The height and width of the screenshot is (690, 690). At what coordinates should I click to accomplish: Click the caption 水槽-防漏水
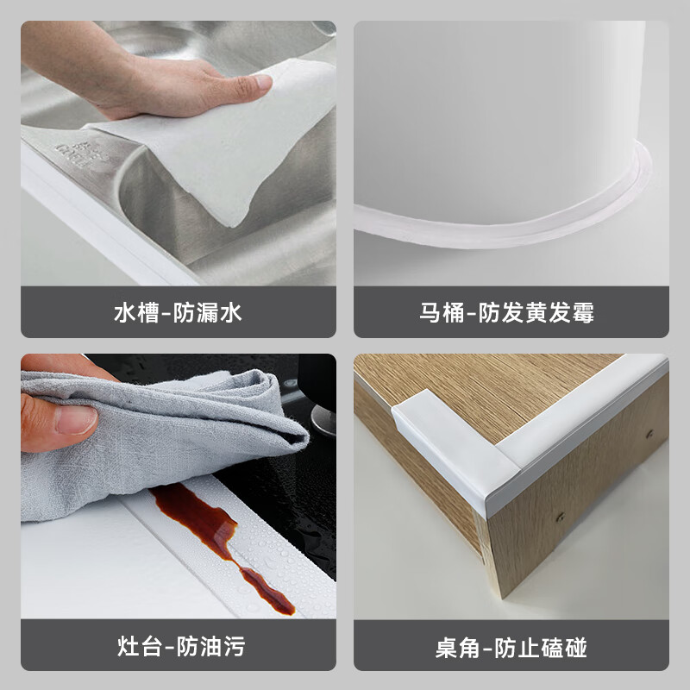[x=178, y=312]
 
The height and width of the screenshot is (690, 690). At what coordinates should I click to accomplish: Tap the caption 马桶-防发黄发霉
[x=506, y=312]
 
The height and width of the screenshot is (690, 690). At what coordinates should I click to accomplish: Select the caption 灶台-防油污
[x=181, y=646]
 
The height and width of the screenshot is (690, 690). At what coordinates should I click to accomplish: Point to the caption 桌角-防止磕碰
[x=511, y=648]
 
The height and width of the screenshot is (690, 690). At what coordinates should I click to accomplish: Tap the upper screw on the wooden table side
[x=649, y=435]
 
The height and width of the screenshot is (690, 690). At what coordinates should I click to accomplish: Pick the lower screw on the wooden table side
[x=561, y=517]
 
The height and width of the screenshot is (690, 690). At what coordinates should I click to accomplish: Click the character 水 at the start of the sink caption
[x=125, y=313]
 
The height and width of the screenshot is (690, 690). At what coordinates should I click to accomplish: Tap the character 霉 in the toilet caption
[x=583, y=313]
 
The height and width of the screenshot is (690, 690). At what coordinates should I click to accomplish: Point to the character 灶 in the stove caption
[x=128, y=646]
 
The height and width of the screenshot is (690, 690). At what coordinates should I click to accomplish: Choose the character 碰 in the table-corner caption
[x=576, y=648]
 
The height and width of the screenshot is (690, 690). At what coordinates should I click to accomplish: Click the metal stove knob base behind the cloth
[x=324, y=420]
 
